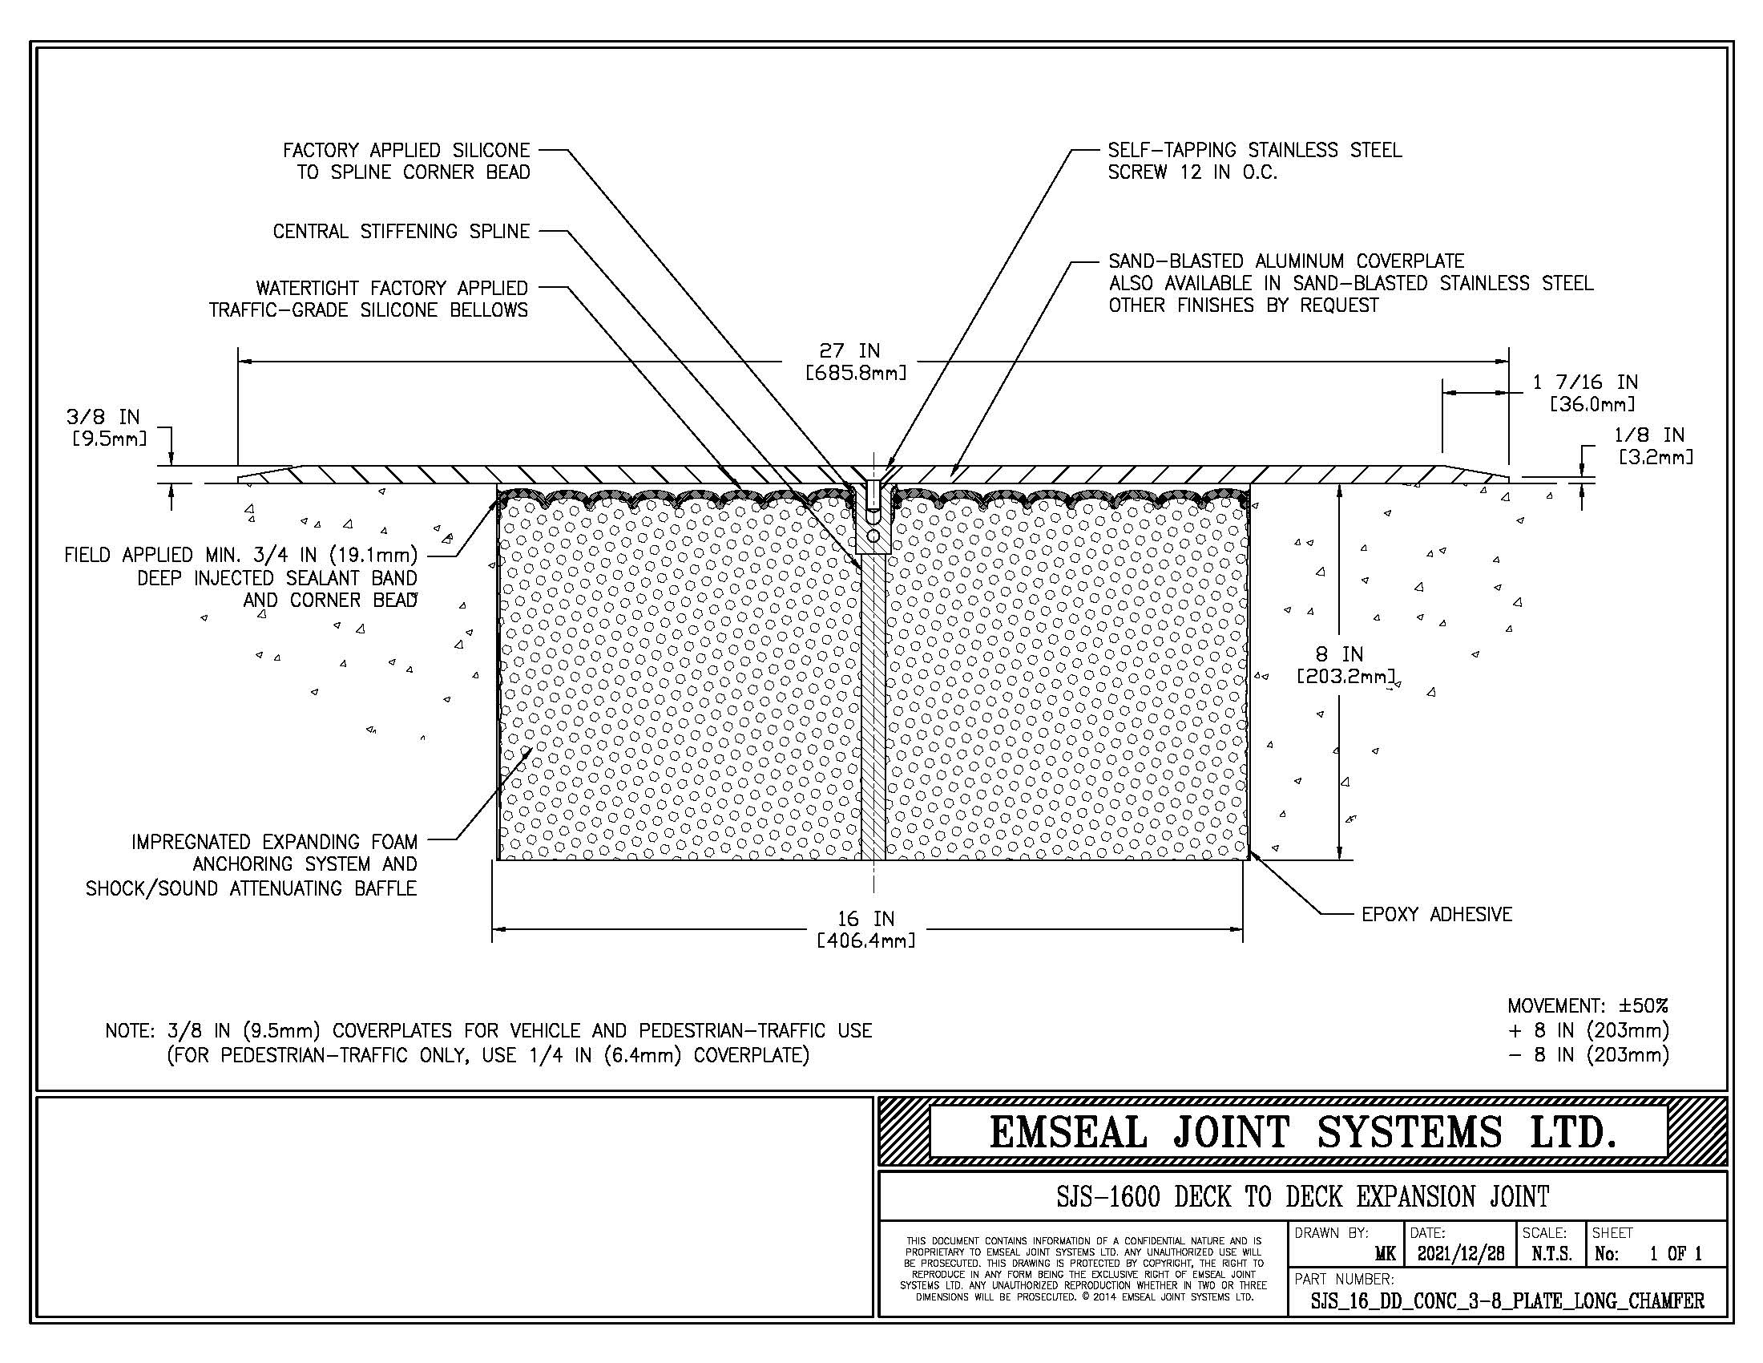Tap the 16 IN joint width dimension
point(866,929)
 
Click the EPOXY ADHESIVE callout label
point(1437,914)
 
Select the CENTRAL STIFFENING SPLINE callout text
point(401,232)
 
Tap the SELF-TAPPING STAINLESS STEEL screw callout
point(1254,160)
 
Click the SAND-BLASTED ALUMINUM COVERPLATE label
point(1286,261)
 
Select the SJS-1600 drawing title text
point(1303,1196)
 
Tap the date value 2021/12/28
point(1461,1254)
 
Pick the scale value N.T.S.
point(1551,1254)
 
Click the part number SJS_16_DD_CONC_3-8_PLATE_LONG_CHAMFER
point(1507,1300)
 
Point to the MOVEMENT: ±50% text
point(1588,1006)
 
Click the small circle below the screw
point(873,536)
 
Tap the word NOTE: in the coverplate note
point(129,1031)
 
